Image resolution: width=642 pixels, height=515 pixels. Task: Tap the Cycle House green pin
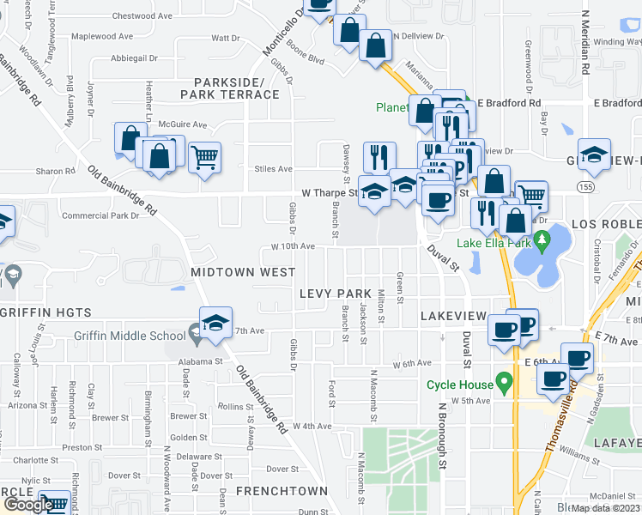[x=505, y=379]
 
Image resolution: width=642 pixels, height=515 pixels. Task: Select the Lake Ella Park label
[x=494, y=243]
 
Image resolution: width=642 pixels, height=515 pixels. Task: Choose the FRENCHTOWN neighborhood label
[x=282, y=491]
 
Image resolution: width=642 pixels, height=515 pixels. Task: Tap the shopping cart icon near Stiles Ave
[x=204, y=157]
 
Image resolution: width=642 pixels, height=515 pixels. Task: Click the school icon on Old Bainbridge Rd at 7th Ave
[x=216, y=323]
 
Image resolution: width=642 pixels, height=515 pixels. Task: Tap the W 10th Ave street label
[x=293, y=246]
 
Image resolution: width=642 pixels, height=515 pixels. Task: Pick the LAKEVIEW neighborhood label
[x=453, y=317]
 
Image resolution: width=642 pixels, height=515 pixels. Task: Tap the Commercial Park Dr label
[x=100, y=215]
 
